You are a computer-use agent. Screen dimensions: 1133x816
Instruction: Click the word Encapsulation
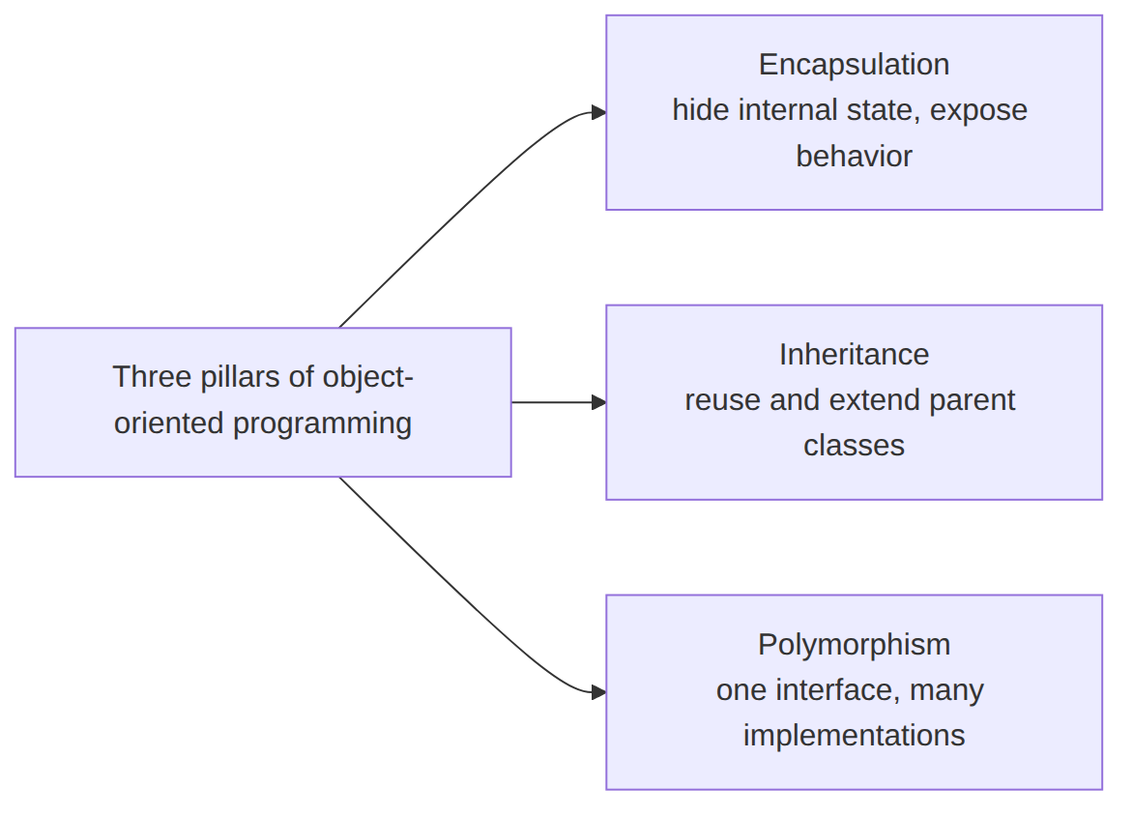854,65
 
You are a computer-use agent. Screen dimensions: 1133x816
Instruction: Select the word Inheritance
854,354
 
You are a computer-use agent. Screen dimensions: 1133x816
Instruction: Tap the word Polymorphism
854,644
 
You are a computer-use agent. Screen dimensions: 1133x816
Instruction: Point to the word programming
322,424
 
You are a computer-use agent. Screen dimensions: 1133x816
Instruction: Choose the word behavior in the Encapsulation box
854,156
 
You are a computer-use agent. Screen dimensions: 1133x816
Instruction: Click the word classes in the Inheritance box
854,446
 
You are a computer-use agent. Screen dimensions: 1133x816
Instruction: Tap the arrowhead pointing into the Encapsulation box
599,112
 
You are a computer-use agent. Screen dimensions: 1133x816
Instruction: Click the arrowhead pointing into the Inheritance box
599,402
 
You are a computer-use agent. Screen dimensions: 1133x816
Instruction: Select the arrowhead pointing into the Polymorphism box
599,692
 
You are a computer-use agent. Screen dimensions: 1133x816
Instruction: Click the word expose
978,111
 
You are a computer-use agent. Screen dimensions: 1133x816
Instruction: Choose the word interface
838,690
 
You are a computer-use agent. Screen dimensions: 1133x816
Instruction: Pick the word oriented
168,423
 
